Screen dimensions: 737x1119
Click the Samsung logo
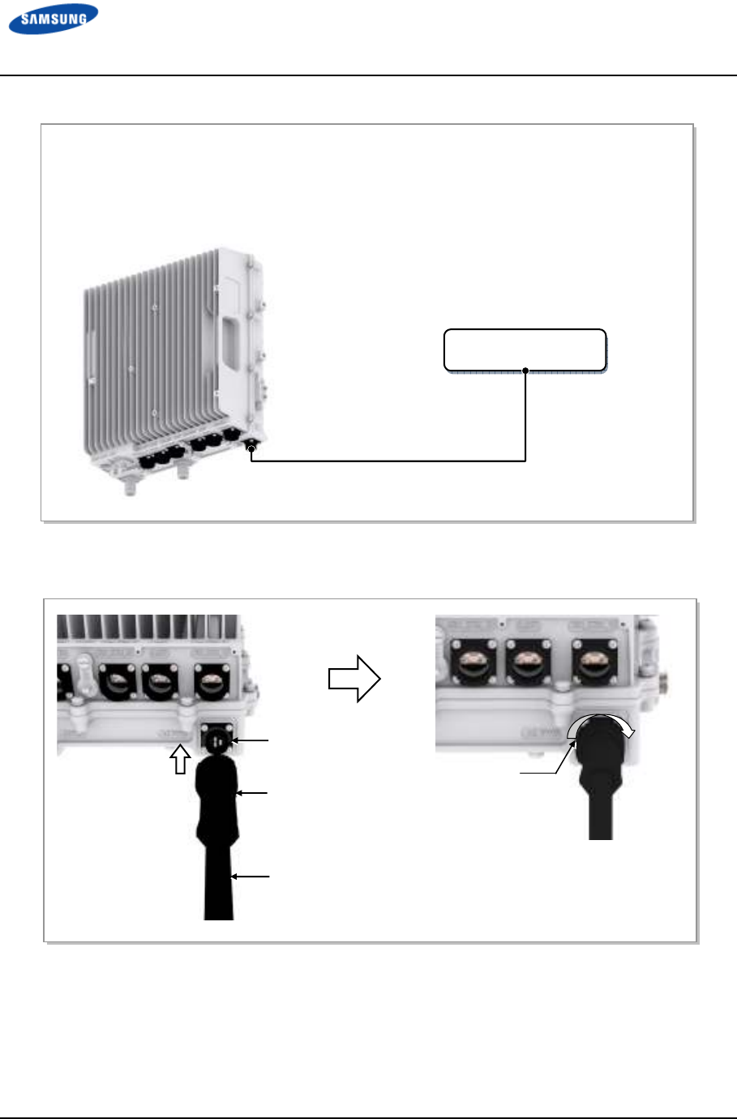(x=54, y=19)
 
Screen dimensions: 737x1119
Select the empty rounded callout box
(x=525, y=349)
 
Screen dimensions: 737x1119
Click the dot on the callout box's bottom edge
(x=526, y=371)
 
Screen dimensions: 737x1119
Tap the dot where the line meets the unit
(x=251, y=448)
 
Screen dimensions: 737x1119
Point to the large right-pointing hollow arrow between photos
(x=354, y=678)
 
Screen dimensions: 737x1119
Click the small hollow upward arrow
(x=181, y=759)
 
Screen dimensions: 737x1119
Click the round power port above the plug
(x=216, y=739)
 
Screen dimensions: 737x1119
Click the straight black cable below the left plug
(x=218, y=884)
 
